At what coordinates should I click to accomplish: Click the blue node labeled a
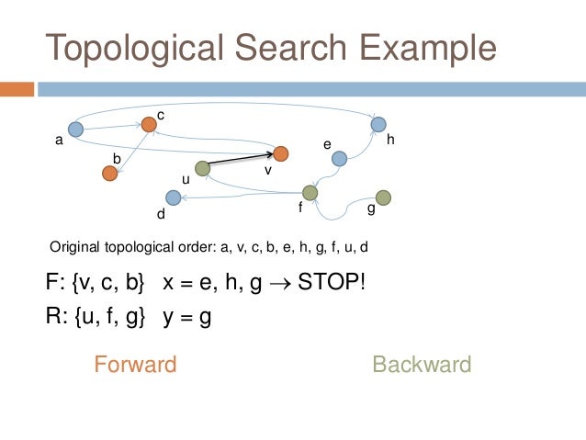tap(76, 130)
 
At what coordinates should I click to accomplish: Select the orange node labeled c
tap(149, 124)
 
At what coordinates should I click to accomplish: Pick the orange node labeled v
tap(281, 153)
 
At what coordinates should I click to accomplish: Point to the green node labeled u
tap(202, 168)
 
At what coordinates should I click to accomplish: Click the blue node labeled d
tap(172, 197)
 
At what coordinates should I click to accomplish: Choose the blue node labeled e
tap(339, 159)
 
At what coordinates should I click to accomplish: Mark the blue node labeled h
tap(378, 124)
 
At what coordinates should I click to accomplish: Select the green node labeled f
tap(310, 193)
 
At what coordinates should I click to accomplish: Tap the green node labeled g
tap(383, 197)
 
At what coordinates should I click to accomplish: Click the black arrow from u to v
tap(241, 160)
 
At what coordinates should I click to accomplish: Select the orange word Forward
tap(135, 365)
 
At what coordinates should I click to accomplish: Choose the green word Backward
tap(422, 365)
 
